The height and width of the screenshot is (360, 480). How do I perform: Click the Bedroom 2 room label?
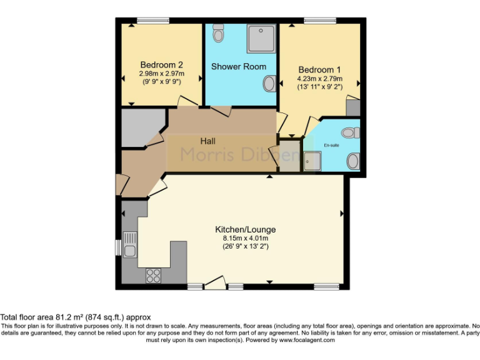click(x=161, y=64)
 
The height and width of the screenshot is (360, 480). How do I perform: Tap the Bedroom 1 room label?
click(x=319, y=69)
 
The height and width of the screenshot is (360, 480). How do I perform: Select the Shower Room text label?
click(x=238, y=66)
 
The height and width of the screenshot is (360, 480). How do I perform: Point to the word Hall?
click(x=208, y=141)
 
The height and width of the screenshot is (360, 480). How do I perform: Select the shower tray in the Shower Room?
click(x=261, y=39)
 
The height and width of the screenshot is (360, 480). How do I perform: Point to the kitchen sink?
click(x=130, y=245)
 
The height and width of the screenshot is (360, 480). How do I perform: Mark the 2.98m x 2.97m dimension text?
click(x=161, y=73)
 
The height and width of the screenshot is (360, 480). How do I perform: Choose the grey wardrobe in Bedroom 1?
click(x=353, y=107)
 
